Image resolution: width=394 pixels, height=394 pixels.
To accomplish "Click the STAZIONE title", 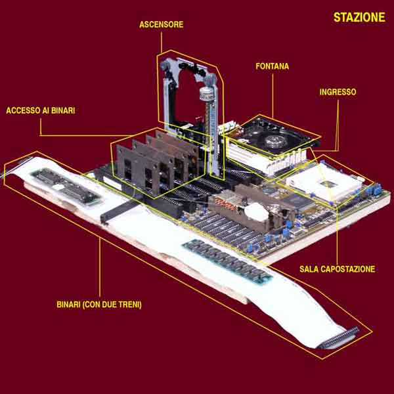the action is pos(359,17).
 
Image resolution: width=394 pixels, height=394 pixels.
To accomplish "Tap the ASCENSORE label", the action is pos(162,25).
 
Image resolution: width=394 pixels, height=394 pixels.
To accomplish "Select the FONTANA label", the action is pos(273,66).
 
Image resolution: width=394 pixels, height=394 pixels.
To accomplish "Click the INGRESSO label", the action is pos(338,92).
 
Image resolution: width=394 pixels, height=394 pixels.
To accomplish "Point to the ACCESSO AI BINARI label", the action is pos(41,110).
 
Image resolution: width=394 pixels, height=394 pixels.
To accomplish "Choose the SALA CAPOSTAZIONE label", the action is pos(338,269).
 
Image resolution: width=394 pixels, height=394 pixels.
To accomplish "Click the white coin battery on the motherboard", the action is pos(257,212).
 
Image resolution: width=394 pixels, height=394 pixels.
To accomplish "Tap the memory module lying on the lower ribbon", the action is pos(227,261).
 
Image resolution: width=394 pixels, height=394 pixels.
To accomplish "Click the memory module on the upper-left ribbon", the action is pos(66,185).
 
